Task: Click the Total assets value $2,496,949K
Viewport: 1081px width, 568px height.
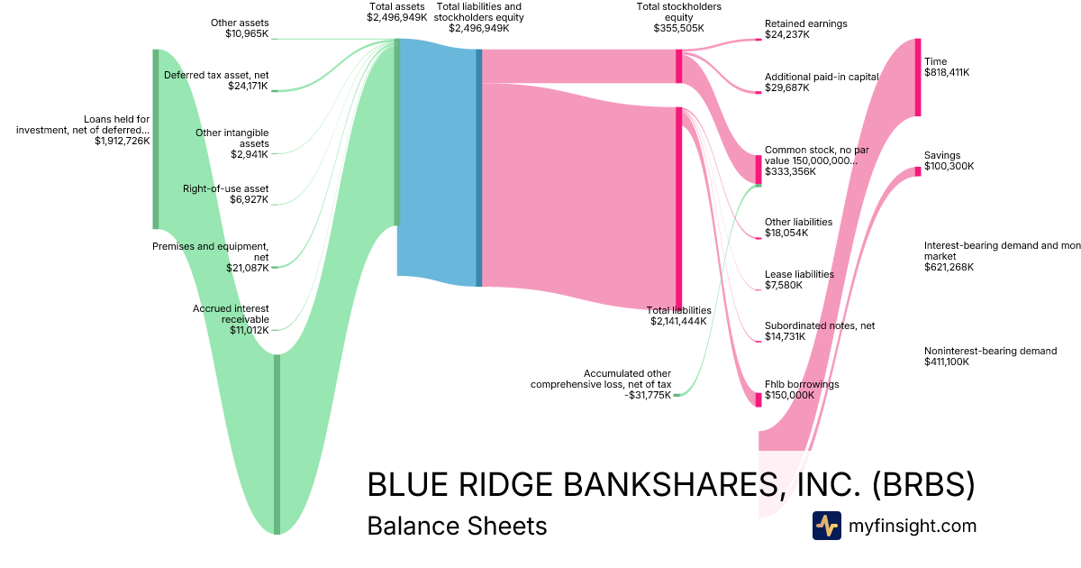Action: [x=396, y=17]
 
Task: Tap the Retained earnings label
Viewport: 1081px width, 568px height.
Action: [x=805, y=23]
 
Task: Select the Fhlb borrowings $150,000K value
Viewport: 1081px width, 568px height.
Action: [x=789, y=395]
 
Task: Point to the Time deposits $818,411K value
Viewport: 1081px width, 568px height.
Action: [x=947, y=72]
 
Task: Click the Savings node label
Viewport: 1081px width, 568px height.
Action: [x=942, y=155]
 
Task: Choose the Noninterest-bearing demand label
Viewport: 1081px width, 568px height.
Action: [x=990, y=351]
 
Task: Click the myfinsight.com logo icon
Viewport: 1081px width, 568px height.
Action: [x=826, y=526]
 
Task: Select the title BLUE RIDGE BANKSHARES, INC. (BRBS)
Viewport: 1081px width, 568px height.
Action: [x=670, y=484]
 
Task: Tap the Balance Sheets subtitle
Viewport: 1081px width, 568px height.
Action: [x=457, y=526]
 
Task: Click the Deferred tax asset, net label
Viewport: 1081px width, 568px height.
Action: [x=216, y=75]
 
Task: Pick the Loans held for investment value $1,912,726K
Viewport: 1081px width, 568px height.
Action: [x=122, y=141]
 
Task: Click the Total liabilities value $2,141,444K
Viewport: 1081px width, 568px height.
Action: [x=680, y=321]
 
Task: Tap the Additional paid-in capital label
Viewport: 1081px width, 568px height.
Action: [x=821, y=78]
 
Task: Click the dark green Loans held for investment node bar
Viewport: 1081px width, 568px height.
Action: [x=156, y=140]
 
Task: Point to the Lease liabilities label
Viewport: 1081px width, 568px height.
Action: [x=799, y=274]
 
